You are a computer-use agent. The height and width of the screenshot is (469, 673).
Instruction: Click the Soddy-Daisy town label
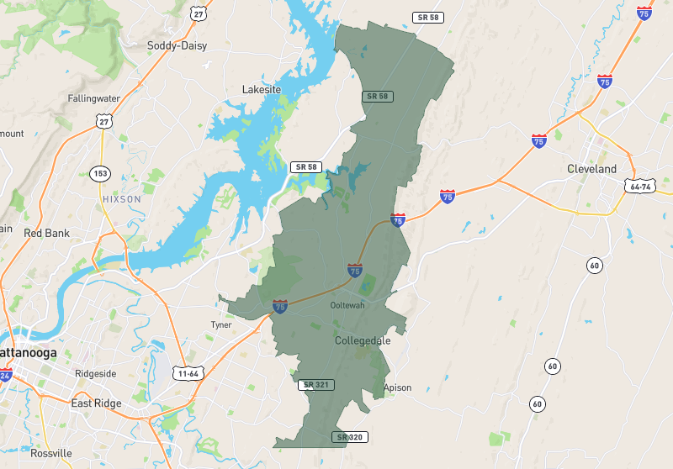click(x=177, y=45)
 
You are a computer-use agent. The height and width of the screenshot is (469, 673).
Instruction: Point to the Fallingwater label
click(x=94, y=98)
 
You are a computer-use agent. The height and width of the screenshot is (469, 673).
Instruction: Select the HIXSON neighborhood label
click(x=121, y=198)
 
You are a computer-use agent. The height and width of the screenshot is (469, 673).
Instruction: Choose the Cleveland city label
click(x=591, y=169)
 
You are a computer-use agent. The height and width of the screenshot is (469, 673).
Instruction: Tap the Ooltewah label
click(x=347, y=305)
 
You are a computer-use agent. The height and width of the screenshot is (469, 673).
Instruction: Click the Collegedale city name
click(x=363, y=341)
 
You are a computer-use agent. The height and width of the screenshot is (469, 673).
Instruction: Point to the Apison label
click(x=397, y=387)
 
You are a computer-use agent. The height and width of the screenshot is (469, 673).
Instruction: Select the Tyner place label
click(x=221, y=324)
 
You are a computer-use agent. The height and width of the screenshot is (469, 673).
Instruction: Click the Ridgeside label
click(x=96, y=373)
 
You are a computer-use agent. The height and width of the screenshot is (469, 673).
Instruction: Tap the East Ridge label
click(x=96, y=403)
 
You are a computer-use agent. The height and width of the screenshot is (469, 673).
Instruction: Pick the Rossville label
click(x=51, y=453)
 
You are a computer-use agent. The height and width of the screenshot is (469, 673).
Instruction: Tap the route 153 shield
click(x=101, y=172)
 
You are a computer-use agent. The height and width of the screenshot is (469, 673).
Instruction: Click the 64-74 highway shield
click(x=639, y=186)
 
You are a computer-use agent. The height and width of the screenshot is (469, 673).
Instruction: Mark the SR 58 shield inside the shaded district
click(x=378, y=97)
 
